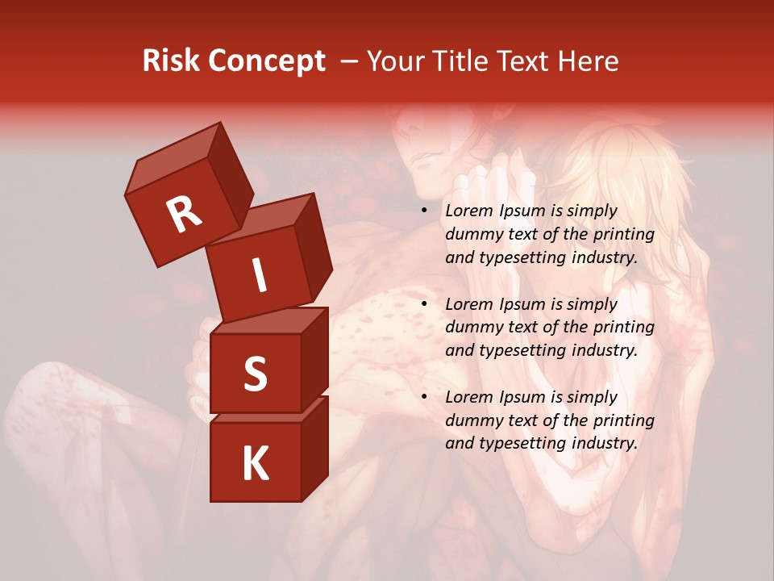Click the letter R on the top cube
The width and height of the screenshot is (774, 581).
184,215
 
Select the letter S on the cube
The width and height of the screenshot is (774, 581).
255,374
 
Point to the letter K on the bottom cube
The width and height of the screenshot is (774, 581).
255,464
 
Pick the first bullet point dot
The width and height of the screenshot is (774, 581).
424,211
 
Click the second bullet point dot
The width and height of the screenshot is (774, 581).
424,305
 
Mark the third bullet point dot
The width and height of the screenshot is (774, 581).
424,398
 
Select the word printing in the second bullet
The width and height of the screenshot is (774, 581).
623,328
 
